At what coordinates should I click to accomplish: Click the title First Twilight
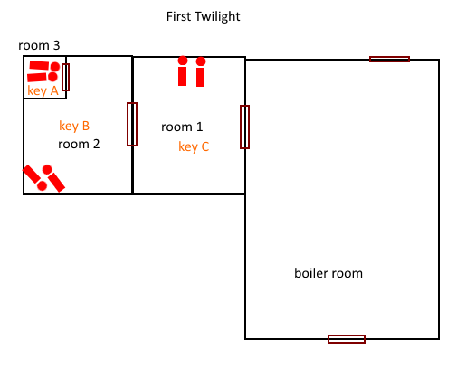click(203, 16)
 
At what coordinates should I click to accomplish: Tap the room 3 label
click(39, 45)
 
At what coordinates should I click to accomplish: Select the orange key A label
click(43, 90)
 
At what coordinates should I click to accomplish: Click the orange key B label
click(74, 126)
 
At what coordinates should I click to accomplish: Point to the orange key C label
click(194, 147)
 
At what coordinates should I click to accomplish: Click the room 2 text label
click(79, 144)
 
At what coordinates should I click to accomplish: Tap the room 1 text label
click(182, 127)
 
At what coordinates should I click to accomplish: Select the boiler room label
click(328, 273)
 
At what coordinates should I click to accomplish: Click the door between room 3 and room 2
click(65, 77)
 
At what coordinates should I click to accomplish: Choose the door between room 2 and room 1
click(132, 124)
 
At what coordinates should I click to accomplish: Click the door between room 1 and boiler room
click(244, 127)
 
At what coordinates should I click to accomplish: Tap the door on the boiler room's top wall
click(389, 59)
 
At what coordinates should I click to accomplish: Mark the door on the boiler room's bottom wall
click(347, 339)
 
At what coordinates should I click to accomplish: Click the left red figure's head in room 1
click(183, 61)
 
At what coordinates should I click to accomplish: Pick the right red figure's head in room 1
click(201, 61)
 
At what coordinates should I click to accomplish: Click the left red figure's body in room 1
click(182, 76)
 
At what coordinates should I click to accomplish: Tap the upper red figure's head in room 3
click(55, 67)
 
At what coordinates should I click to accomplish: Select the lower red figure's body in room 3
click(37, 77)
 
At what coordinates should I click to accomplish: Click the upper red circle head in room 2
click(47, 170)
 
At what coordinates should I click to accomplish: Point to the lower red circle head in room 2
click(42, 186)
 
